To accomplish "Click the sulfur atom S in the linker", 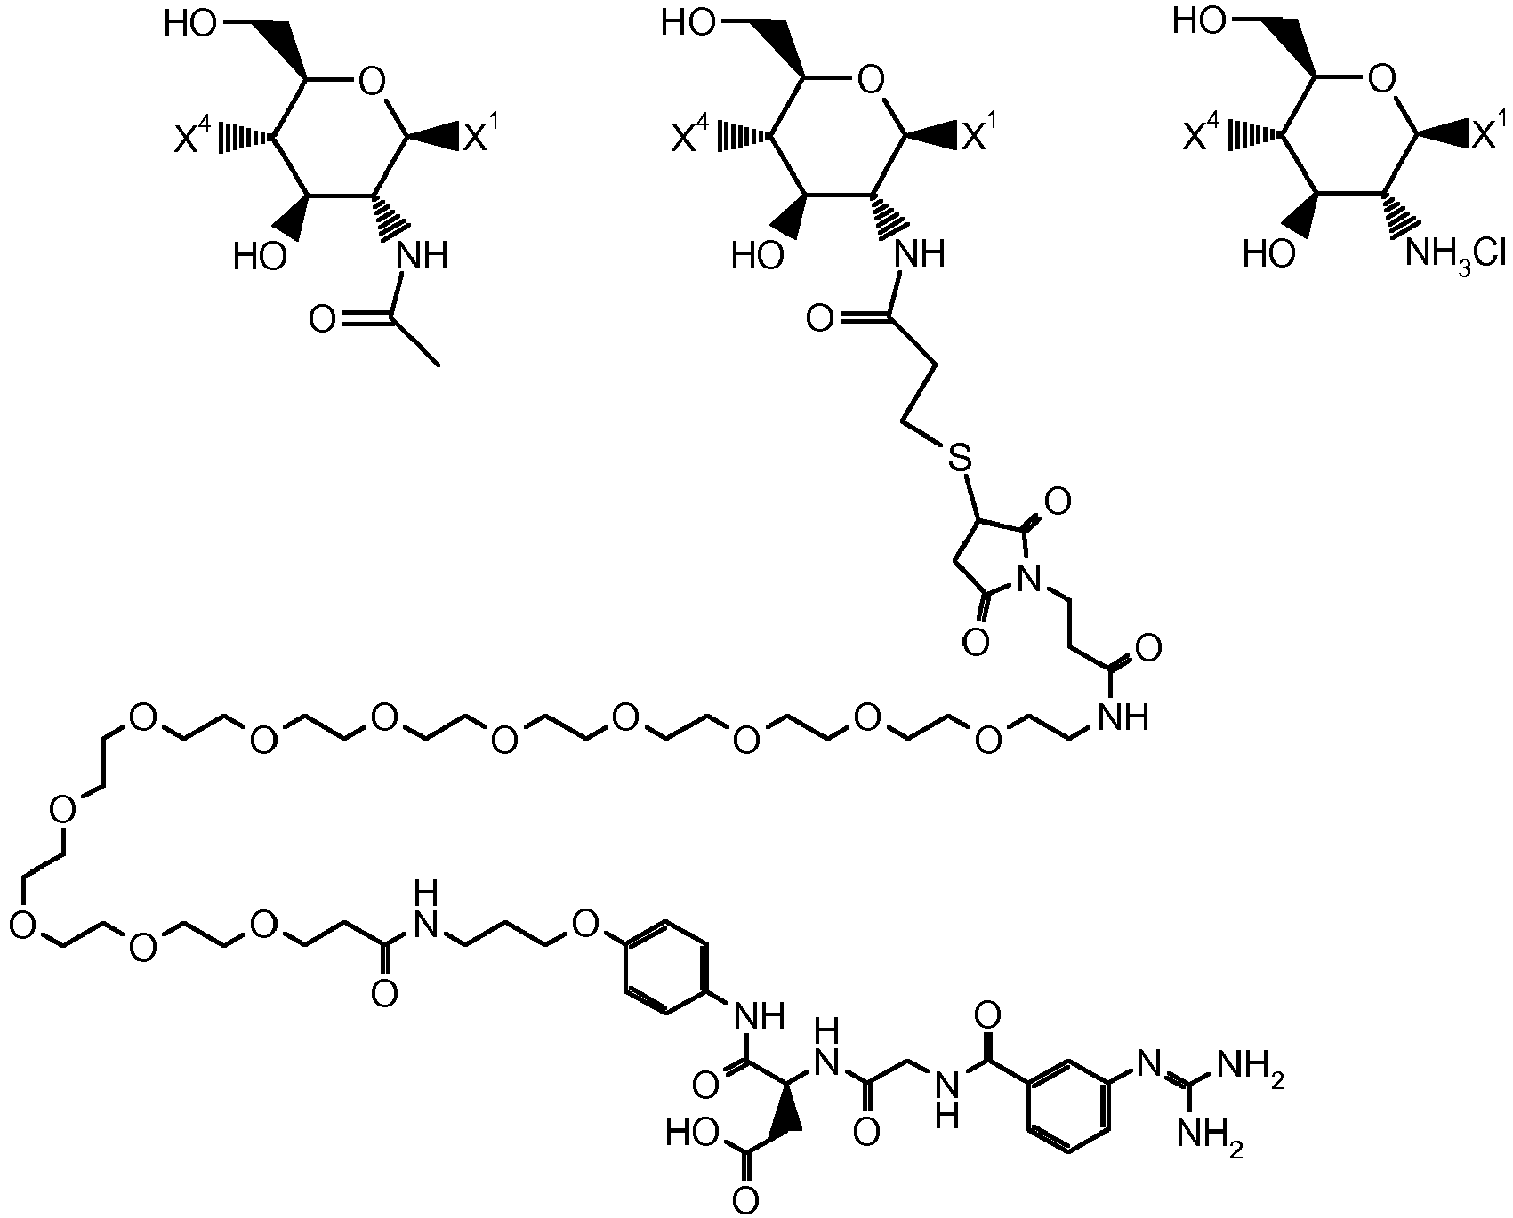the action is (x=957, y=459).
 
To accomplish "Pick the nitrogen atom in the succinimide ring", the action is (x=1029, y=580).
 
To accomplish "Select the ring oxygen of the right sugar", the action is (x=1380, y=82).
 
